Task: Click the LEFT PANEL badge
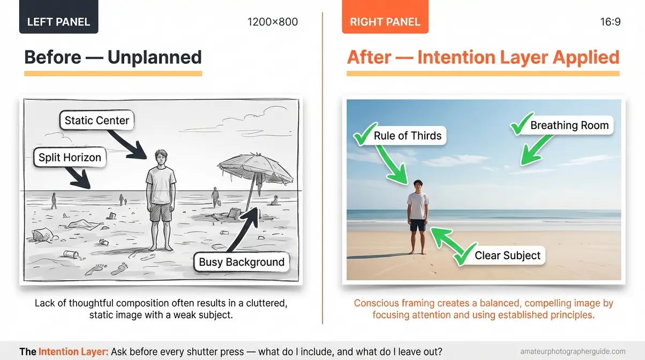pyautogui.click(x=58, y=22)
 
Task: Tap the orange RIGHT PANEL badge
pyautogui.click(x=385, y=22)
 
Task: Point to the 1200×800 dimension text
pyautogui.click(x=272, y=22)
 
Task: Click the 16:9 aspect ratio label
pyautogui.click(x=610, y=22)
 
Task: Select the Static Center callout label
pyautogui.click(x=96, y=121)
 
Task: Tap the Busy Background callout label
pyautogui.click(x=242, y=262)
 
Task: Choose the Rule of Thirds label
pyautogui.click(x=407, y=136)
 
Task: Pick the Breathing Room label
pyautogui.click(x=569, y=126)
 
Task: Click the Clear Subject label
pyautogui.click(x=507, y=256)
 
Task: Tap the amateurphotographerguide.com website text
pyautogui.click(x=573, y=351)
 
